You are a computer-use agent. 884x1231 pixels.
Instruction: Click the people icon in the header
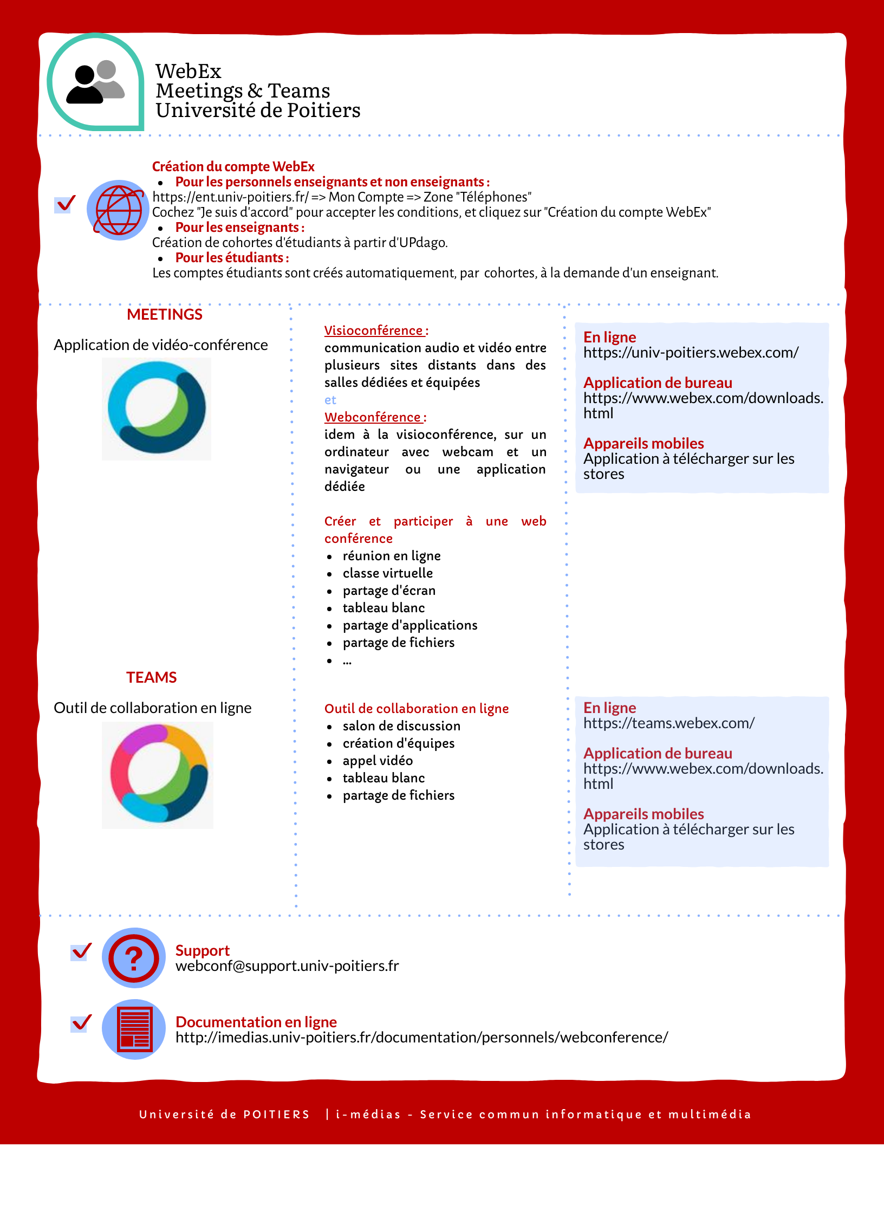point(95,82)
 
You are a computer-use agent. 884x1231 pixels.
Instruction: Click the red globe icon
point(118,210)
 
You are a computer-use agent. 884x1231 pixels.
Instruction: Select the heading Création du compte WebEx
point(233,167)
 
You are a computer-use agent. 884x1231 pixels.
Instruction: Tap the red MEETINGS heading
point(165,315)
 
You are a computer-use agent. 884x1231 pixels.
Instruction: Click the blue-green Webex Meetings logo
point(157,407)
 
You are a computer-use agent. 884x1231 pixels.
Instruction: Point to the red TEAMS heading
point(152,677)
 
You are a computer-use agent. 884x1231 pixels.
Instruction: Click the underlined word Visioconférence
point(373,331)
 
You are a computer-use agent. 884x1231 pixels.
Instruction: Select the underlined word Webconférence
point(373,417)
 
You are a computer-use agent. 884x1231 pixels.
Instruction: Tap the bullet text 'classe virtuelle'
point(387,573)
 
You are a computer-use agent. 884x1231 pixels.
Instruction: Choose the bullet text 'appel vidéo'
point(377,761)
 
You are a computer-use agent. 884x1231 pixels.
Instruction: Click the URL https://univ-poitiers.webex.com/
point(690,353)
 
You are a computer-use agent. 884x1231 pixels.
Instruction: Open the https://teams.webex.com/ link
point(668,723)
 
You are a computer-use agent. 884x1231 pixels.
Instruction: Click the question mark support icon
point(133,958)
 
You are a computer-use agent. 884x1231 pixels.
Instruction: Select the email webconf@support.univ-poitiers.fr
point(287,966)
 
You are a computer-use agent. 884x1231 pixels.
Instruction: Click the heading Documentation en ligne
point(256,1022)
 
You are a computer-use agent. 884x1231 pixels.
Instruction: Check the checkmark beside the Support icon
point(81,952)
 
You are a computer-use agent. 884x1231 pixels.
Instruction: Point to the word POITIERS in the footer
point(276,1115)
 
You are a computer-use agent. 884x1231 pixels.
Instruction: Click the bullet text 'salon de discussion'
point(401,726)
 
